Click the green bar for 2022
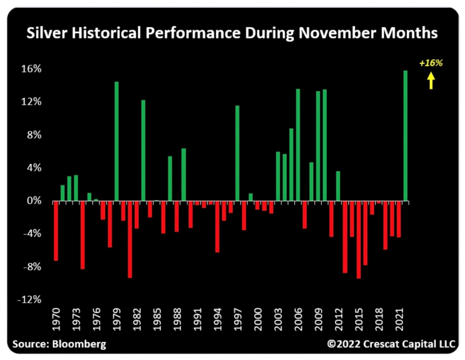[405, 136]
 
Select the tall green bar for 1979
[116, 141]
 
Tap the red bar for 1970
[56, 231]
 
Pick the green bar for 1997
[237, 153]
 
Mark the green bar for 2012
[338, 186]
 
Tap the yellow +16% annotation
[431, 62]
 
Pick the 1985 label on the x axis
[156, 320]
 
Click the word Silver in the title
[43, 34]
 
